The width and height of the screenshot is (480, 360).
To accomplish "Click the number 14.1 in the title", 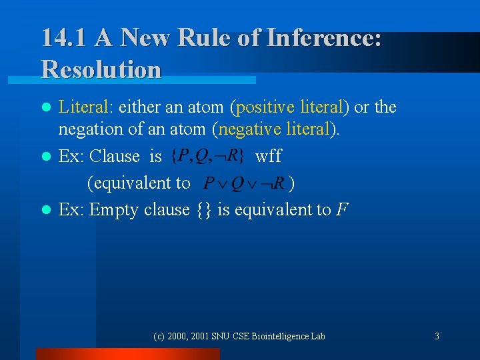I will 64,37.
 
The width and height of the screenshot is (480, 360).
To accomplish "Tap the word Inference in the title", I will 323,37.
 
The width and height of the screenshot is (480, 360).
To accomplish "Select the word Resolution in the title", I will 101,69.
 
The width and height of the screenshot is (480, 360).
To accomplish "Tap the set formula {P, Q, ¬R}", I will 207,157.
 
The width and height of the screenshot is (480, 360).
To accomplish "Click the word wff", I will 269,157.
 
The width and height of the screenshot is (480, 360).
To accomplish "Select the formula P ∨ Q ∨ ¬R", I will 243,183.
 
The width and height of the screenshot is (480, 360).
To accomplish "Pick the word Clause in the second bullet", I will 115,157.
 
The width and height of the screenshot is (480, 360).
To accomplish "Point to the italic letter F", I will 341,209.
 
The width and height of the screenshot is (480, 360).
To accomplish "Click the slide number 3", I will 437,336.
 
